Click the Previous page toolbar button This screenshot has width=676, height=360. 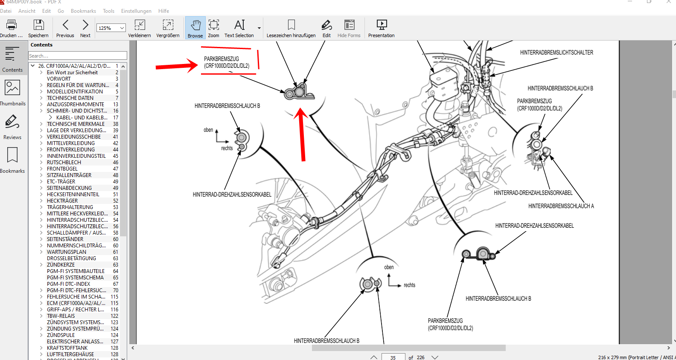pos(65,28)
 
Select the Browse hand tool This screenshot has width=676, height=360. pos(195,28)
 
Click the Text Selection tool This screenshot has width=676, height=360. pos(239,28)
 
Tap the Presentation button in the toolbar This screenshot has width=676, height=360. pos(381,28)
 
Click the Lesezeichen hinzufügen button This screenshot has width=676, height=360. pos(291,28)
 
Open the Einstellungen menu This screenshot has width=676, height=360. pos(136,11)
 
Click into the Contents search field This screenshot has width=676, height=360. pos(78,56)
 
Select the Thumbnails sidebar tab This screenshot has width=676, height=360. pos(12,93)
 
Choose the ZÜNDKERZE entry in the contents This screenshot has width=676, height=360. pos(61,265)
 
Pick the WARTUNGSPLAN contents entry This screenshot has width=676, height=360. pos(67,252)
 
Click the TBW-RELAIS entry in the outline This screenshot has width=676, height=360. pos(61,316)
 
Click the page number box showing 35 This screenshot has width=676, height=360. pos(393,357)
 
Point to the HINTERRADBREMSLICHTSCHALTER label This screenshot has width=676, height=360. pos(557,52)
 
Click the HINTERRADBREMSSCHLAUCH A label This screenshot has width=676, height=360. pos(561,206)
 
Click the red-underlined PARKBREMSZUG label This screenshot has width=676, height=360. pos(227,62)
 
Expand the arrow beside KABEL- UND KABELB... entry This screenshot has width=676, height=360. pos(50,117)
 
